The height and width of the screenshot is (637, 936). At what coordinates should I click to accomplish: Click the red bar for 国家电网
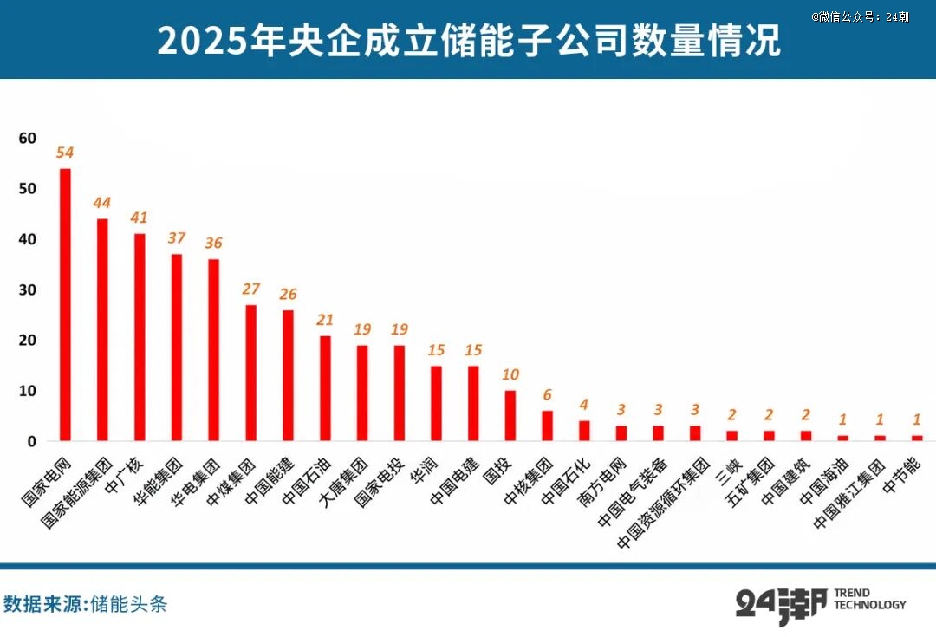coord(65,304)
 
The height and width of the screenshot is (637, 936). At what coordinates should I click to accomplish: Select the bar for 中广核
coord(140,337)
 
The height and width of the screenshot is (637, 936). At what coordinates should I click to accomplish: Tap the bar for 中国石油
coord(325,388)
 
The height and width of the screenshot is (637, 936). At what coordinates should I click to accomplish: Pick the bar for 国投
coord(510,416)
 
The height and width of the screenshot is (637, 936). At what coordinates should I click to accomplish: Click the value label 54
coord(65,153)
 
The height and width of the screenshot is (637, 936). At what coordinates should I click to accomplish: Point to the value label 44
coord(102,203)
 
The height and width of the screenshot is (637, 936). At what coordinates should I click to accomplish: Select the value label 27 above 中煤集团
coord(250,289)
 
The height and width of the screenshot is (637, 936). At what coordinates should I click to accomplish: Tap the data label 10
coord(510,374)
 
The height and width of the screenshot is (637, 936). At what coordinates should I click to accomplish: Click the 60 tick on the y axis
coord(27,138)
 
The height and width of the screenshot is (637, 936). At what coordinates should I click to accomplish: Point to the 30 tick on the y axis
coord(27,289)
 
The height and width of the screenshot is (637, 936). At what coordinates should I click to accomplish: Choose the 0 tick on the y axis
coord(31,441)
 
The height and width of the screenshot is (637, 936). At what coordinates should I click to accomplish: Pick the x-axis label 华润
coord(430,469)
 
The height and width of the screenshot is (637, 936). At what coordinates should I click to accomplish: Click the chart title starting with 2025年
coord(468,40)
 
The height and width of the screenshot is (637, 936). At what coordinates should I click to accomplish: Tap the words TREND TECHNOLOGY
coord(869,599)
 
